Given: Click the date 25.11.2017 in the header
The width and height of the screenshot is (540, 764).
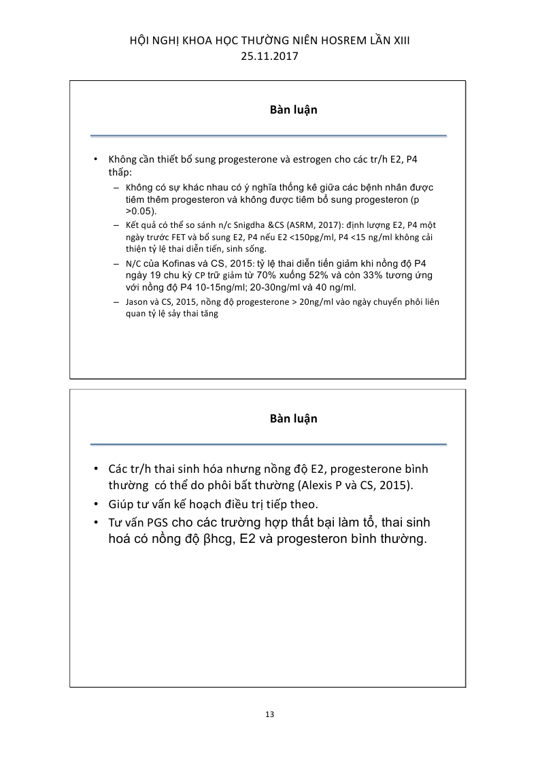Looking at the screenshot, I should coord(269,57).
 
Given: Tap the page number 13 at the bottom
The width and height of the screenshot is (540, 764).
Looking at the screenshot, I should coord(269,714).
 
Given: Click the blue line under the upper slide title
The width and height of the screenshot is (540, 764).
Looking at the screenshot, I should coord(269,135).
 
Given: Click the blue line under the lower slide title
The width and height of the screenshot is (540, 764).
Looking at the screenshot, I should coord(269,444).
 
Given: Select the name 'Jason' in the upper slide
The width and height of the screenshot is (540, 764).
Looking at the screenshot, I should coord(137,302).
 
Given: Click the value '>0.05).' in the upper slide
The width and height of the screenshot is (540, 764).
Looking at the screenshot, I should coord(141,212).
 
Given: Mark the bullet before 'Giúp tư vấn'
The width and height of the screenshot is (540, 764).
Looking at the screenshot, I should coord(96,505).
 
